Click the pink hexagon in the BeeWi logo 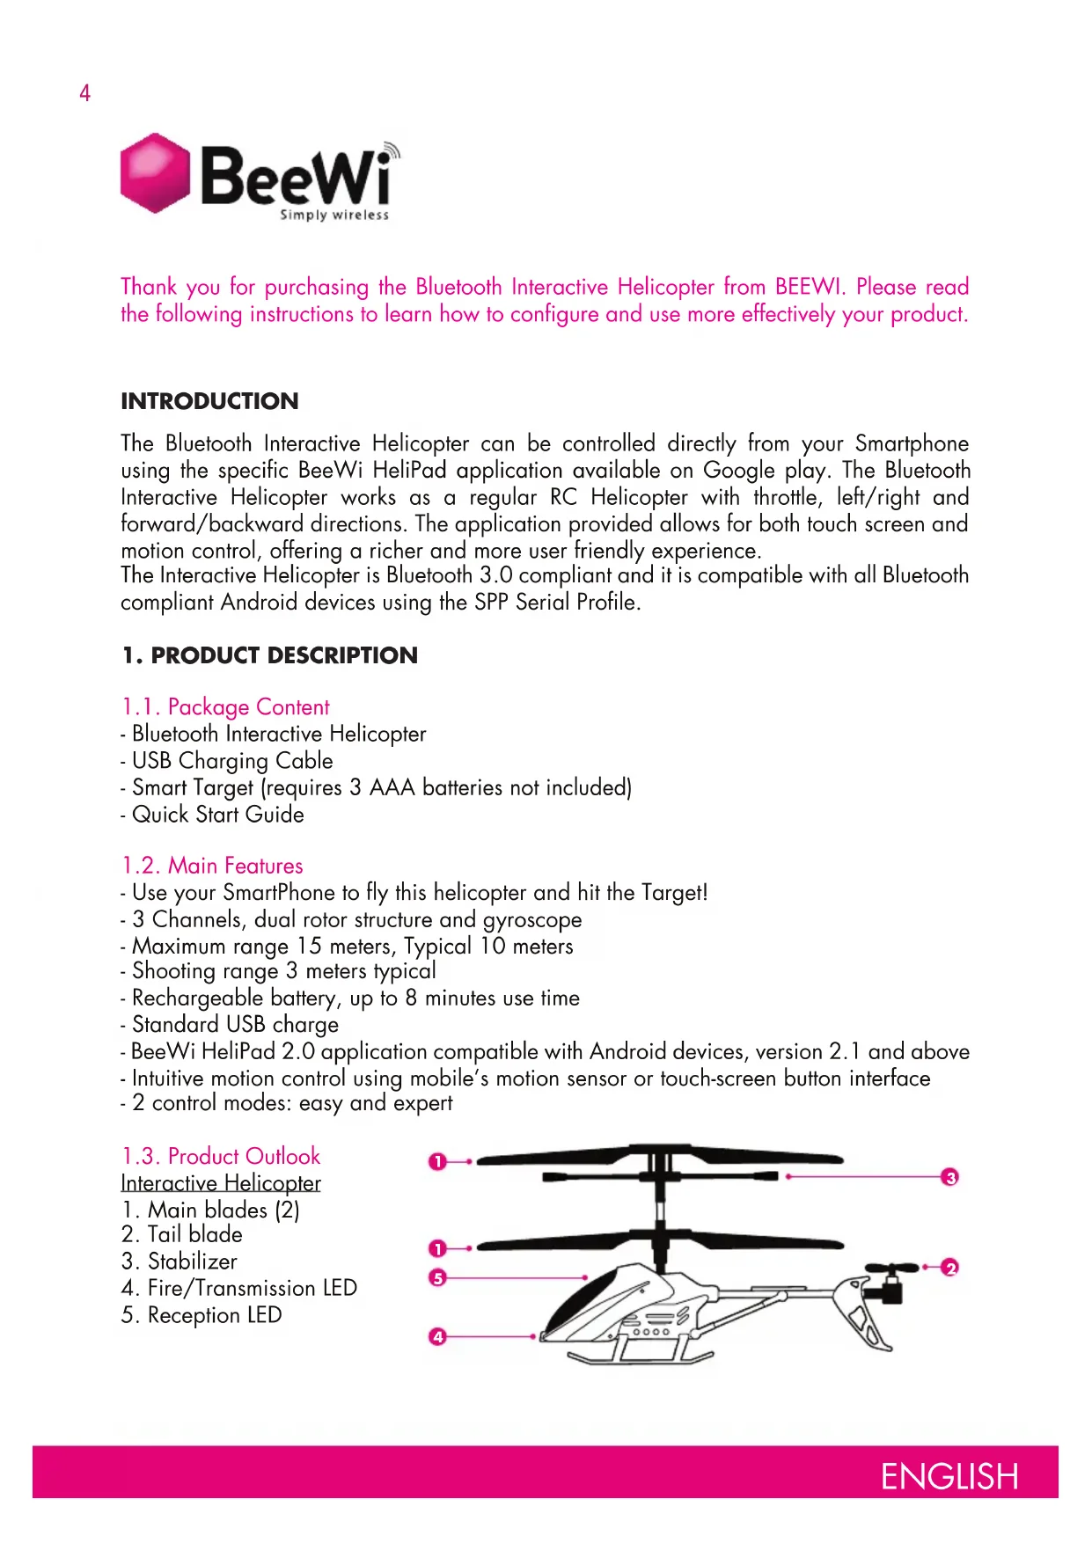coord(155,173)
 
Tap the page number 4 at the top coord(84,93)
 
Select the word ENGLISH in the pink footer coord(949,1477)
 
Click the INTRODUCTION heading coord(209,401)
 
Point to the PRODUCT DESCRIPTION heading coord(269,655)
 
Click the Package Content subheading coord(225,707)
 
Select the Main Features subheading coord(212,866)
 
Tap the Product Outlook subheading coord(221,1156)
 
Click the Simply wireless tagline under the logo coord(334,215)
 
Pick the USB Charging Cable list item coord(232,761)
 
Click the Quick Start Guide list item coord(217,815)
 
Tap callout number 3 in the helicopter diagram coord(949,1177)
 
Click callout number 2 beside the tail coord(949,1268)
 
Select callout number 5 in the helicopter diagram coord(437,1277)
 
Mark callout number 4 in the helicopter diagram coord(437,1337)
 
